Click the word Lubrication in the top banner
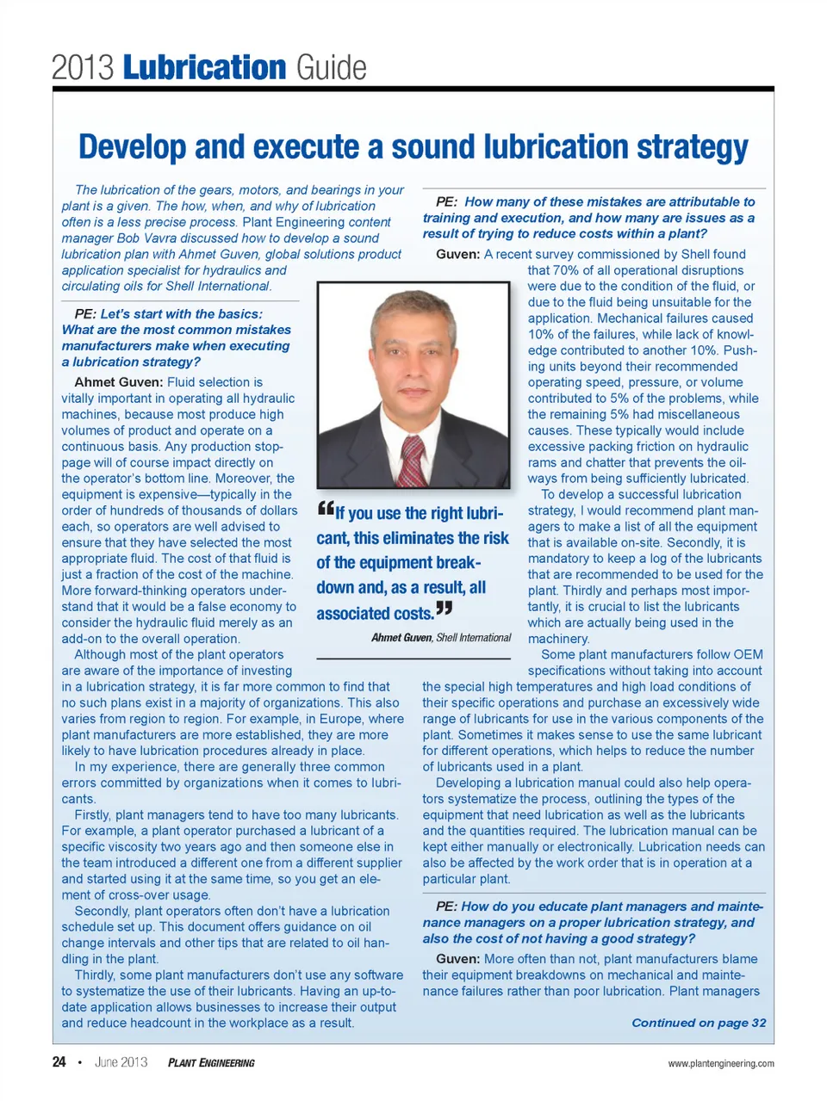coord(204,67)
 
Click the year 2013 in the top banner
coord(83,67)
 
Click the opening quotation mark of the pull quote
coord(325,509)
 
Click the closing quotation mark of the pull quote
coord(444,609)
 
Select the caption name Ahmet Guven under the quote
coord(401,638)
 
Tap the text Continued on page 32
coord(698,1023)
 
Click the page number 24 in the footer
coord(59,1062)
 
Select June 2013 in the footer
coord(121,1062)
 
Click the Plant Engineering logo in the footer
coord(211,1063)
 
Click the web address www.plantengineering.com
coord(720,1063)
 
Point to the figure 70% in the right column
coord(564,270)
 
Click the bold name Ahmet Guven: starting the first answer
coord(118,382)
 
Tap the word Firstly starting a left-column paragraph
coord(92,815)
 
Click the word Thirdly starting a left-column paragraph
coord(96,975)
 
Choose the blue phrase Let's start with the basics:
coord(181,314)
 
